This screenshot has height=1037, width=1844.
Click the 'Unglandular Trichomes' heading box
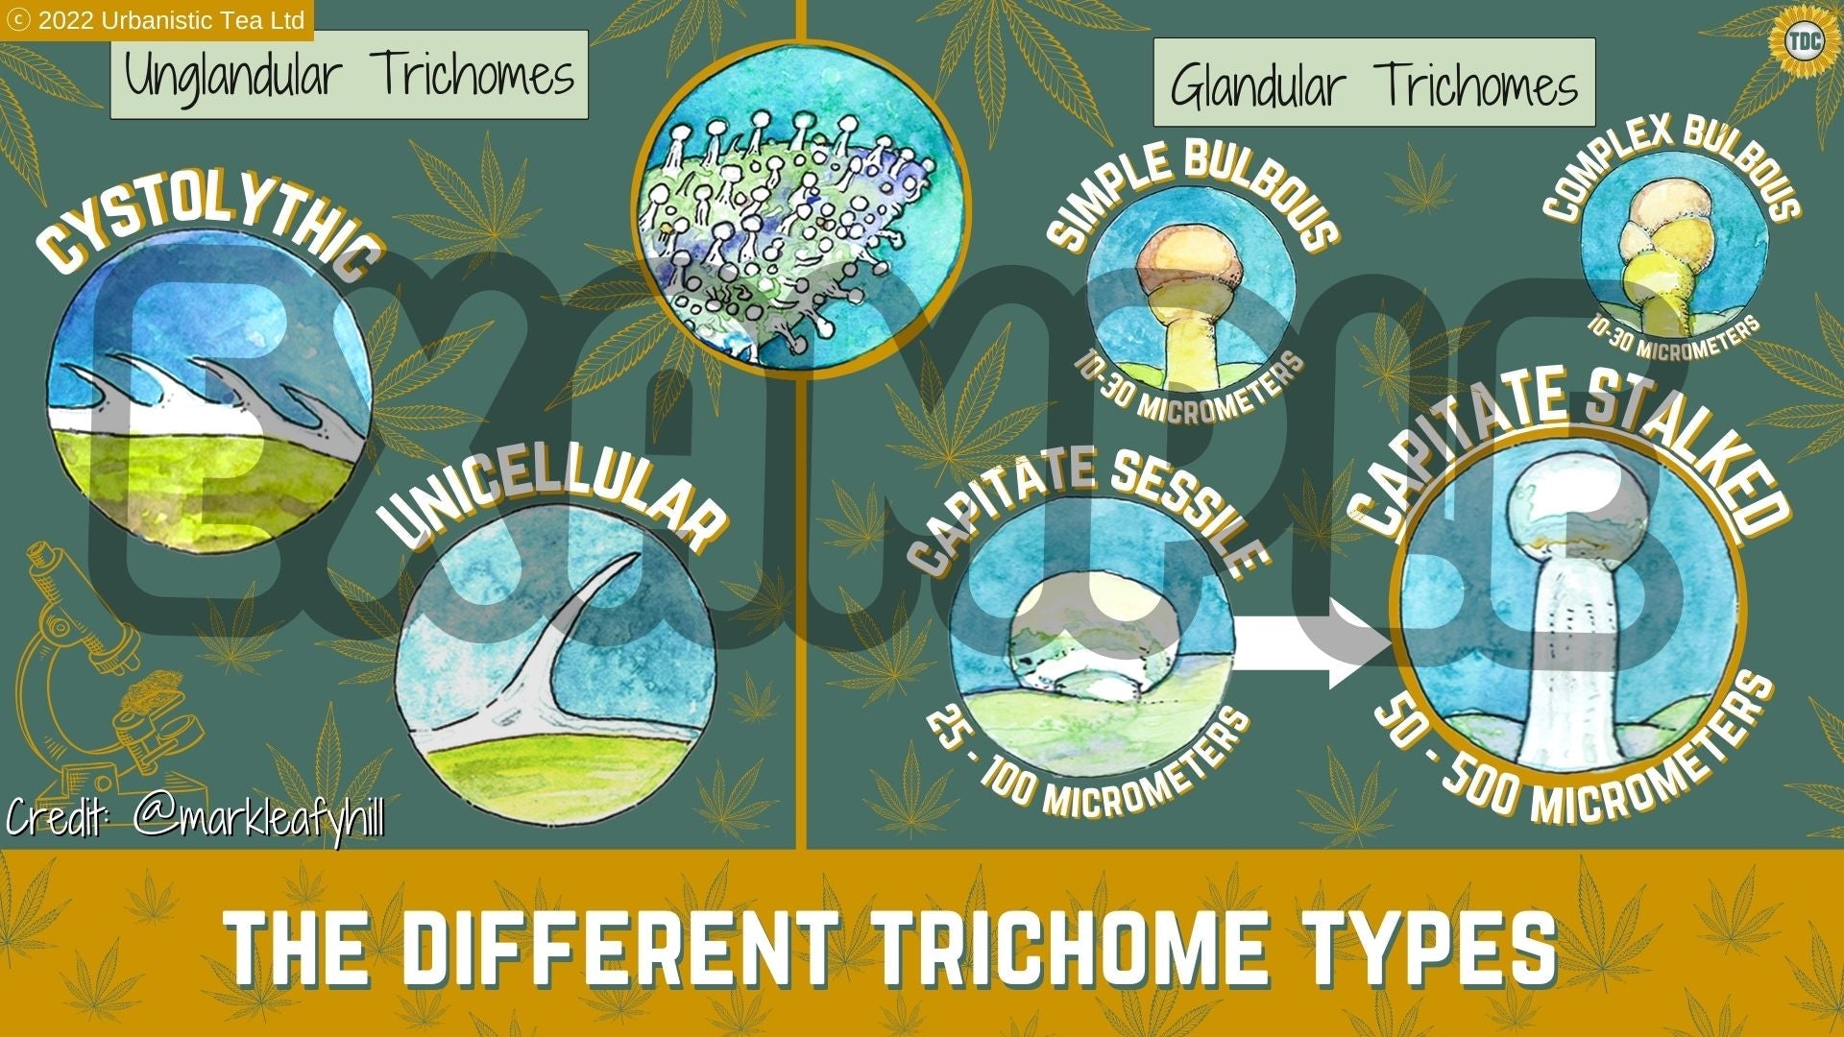(x=349, y=75)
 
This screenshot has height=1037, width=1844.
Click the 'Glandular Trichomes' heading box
(x=1373, y=84)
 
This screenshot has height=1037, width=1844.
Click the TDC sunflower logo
(x=1798, y=40)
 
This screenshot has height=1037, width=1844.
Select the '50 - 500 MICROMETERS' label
(x=1575, y=759)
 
